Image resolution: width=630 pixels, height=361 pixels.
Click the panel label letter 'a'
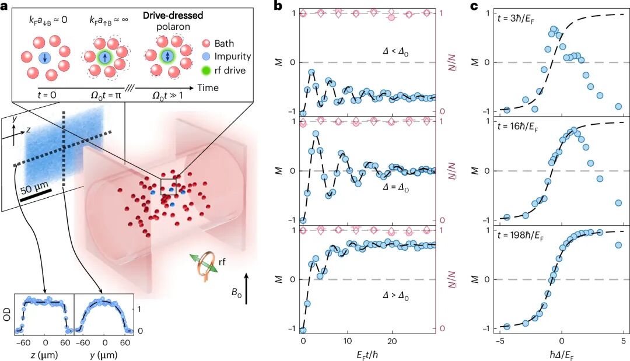[4, 6]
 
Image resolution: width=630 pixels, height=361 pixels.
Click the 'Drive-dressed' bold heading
[173, 16]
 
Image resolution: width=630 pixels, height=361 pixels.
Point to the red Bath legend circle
[206, 43]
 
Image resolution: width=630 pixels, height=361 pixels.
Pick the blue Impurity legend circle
[206, 57]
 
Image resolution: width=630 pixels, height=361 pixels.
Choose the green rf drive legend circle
[206, 70]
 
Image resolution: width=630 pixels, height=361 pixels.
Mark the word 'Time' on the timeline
[208, 87]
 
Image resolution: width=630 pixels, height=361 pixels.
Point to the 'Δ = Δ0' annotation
[395, 187]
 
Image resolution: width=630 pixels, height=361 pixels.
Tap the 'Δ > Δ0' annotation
[395, 296]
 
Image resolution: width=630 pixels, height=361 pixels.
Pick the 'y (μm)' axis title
[104, 355]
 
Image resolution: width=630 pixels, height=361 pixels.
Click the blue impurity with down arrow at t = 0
[44, 58]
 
